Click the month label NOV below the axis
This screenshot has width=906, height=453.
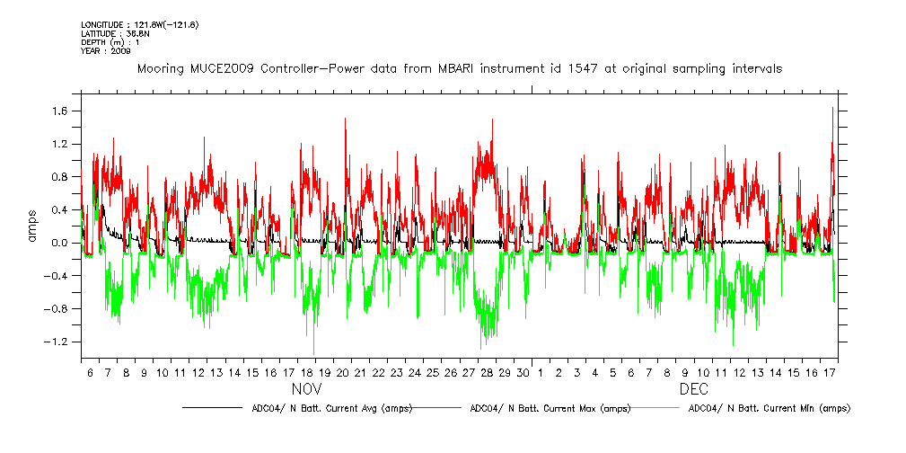tap(306, 390)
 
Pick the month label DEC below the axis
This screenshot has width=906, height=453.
tap(693, 390)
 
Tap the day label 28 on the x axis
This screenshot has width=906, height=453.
tap(487, 372)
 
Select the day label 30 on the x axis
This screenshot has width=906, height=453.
tap(523, 372)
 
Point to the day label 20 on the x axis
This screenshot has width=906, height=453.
tap(342, 372)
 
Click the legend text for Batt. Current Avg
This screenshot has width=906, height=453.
tap(331, 408)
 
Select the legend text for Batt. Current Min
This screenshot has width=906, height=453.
tap(769, 408)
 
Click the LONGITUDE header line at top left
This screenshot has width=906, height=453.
tap(138, 25)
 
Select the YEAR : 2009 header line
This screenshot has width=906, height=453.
tap(105, 51)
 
